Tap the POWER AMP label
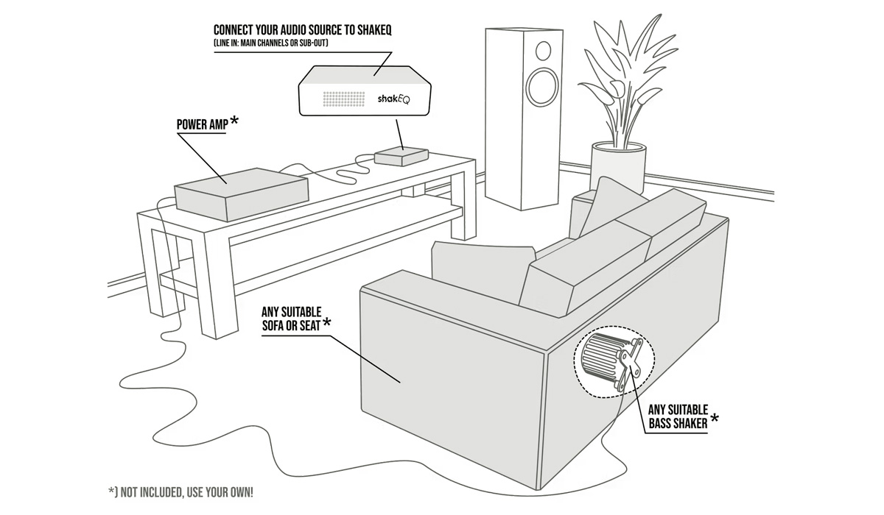[202, 124]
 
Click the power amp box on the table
[240, 193]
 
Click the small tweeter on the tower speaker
[543, 51]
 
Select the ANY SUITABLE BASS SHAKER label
[678, 416]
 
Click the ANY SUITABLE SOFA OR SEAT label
[291, 318]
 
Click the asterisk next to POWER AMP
[234, 120]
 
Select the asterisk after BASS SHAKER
[715, 418]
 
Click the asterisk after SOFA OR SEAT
[326, 322]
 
